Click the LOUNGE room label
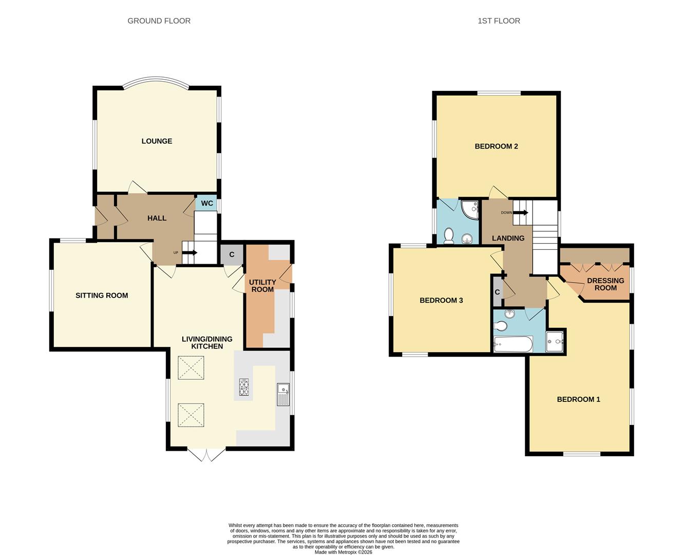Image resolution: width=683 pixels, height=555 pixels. (x=157, y=141)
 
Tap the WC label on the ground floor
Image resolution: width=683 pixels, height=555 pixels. (x=207, y=203)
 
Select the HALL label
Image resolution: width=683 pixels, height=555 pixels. (x=157, y=218)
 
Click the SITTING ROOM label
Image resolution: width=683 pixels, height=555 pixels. (x=102, y=295)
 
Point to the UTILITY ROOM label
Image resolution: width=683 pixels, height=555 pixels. (x=262, y=286)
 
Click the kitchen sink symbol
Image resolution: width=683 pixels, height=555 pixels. (x=283, y=394)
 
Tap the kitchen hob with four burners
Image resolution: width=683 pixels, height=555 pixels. (x=244, y=388)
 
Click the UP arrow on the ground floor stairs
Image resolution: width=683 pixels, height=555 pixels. (x=189, y=252)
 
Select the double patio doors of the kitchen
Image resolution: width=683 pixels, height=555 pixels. (x=206, y=454)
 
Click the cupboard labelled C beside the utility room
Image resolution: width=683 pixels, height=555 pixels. (x=232, y=255)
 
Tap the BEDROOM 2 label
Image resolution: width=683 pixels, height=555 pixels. (x=496, y=146)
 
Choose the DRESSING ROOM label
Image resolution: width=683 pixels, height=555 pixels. (x=605, y=284)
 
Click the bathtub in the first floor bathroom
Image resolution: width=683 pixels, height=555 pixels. (x=513, y=344)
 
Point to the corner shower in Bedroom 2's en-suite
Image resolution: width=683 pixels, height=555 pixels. (x=469, y=208)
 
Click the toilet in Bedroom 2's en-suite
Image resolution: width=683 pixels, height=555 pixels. (x=448, y=236)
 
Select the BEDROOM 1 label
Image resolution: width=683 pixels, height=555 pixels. (x=578, y=399)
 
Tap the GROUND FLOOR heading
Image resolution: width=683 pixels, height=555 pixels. (x=159, y=21)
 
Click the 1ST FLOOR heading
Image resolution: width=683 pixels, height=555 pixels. (x=499, y=21)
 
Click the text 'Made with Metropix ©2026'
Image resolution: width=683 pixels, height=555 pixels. (x=343, y=552)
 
